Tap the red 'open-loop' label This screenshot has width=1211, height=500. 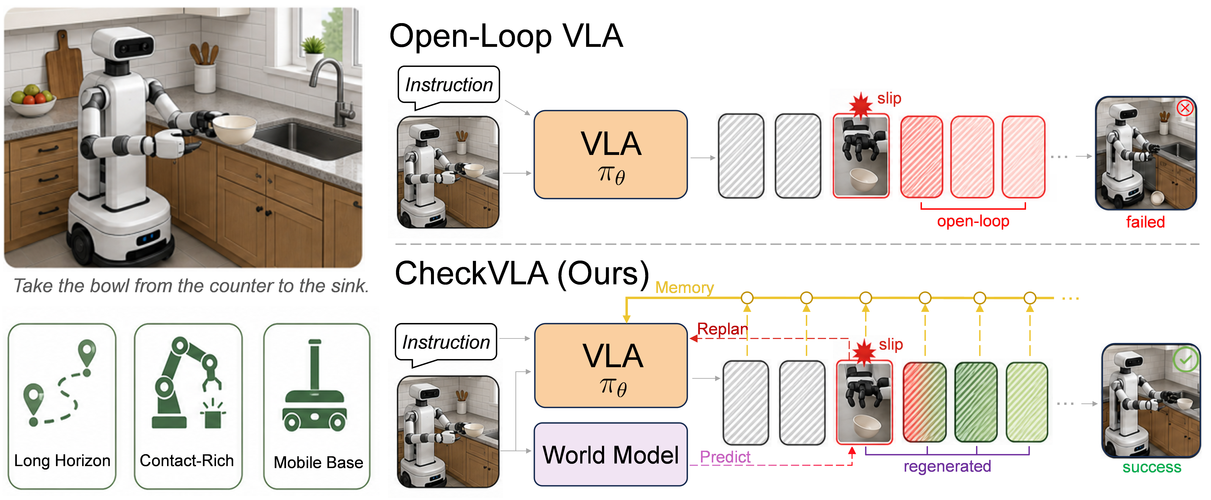click(x=973, y=221)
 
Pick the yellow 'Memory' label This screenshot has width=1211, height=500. click(x=684, y=287)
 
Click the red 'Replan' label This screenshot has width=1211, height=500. click(x=722, y=329)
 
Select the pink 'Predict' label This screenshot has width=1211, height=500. click(x=725, y=457)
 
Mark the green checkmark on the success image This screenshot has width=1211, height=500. click(x=1185, y=360)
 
